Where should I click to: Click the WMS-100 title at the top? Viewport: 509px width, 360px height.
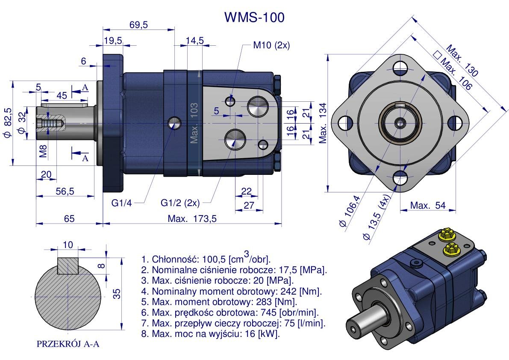[x=254, y=17]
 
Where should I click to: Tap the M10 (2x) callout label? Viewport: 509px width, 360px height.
[x=271, y=45]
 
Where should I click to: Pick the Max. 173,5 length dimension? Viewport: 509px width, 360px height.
[x=192, y=218]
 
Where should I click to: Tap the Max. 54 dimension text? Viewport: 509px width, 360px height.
[x=428, y=206]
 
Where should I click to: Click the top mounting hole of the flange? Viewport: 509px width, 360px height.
[x=400, y=66]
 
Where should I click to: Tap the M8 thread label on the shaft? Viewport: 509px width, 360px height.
[x=44, y=150]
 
